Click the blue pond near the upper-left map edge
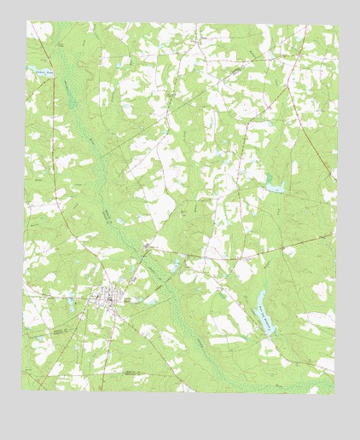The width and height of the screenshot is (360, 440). point(38,74)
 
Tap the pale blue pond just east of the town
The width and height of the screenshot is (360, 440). point(151,299)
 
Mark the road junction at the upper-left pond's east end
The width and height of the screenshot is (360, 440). point(61,75)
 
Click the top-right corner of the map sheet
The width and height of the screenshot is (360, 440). point(339,26)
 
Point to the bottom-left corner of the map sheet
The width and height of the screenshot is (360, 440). point(22,389)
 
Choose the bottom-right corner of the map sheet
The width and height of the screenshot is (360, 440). point(334,394)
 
